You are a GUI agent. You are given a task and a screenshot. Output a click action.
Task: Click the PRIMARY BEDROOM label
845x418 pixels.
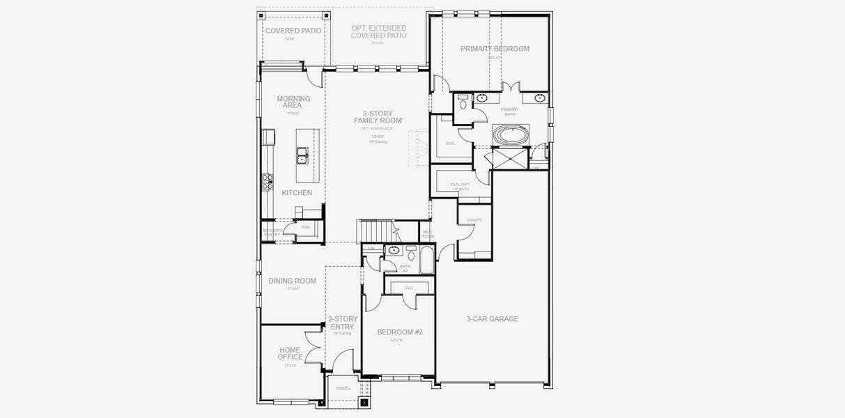pyautogui.click(x=495, y=49)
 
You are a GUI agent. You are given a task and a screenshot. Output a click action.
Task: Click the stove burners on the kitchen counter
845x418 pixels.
pyautogui.click(x=267, y=181)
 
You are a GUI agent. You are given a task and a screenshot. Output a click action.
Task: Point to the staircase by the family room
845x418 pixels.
pyautogui.click(x=375, y=229)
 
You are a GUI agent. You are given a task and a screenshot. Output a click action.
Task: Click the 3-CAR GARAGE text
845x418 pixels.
pyautogui.click(x=492, y=319)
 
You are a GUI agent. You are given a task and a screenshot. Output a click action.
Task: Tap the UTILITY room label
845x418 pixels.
pyautogui.click(x=474, y=220)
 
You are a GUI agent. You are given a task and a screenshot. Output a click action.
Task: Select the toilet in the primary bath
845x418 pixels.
pyautogui.click(x=464, y=103)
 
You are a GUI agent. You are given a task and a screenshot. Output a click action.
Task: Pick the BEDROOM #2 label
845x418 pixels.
pyautogui.click(x=400, y=332)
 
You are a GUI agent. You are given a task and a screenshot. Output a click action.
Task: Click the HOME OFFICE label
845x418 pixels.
pyautogui.click(x=290, y=354)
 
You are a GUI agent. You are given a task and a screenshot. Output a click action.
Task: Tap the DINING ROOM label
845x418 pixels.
pyautogui.click(x=292, y=281)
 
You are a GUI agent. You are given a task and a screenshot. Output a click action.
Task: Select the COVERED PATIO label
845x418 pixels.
pyautogui.click(x=293, y=31)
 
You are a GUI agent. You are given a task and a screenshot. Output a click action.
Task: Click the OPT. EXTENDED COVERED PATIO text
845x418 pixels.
pyautogui.click(x=378, y=31)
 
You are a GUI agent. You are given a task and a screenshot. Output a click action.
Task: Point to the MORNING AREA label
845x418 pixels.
pyautogui.click(x=293, y=102)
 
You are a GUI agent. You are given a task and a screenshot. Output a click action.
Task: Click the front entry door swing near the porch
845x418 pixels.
pyautogui.click(x=341, y=362)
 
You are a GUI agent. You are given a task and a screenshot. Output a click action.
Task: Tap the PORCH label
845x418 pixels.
pyautogui.click(x=343, y=389)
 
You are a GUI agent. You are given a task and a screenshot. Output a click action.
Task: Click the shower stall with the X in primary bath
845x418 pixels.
pyautogui.click(x=510, y=158)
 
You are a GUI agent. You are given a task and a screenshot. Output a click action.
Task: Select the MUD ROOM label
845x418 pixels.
pyautogui.click(x=428, y=234)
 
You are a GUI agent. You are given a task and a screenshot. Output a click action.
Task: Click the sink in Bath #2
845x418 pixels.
pyautogui.click(x=394, y=250)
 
